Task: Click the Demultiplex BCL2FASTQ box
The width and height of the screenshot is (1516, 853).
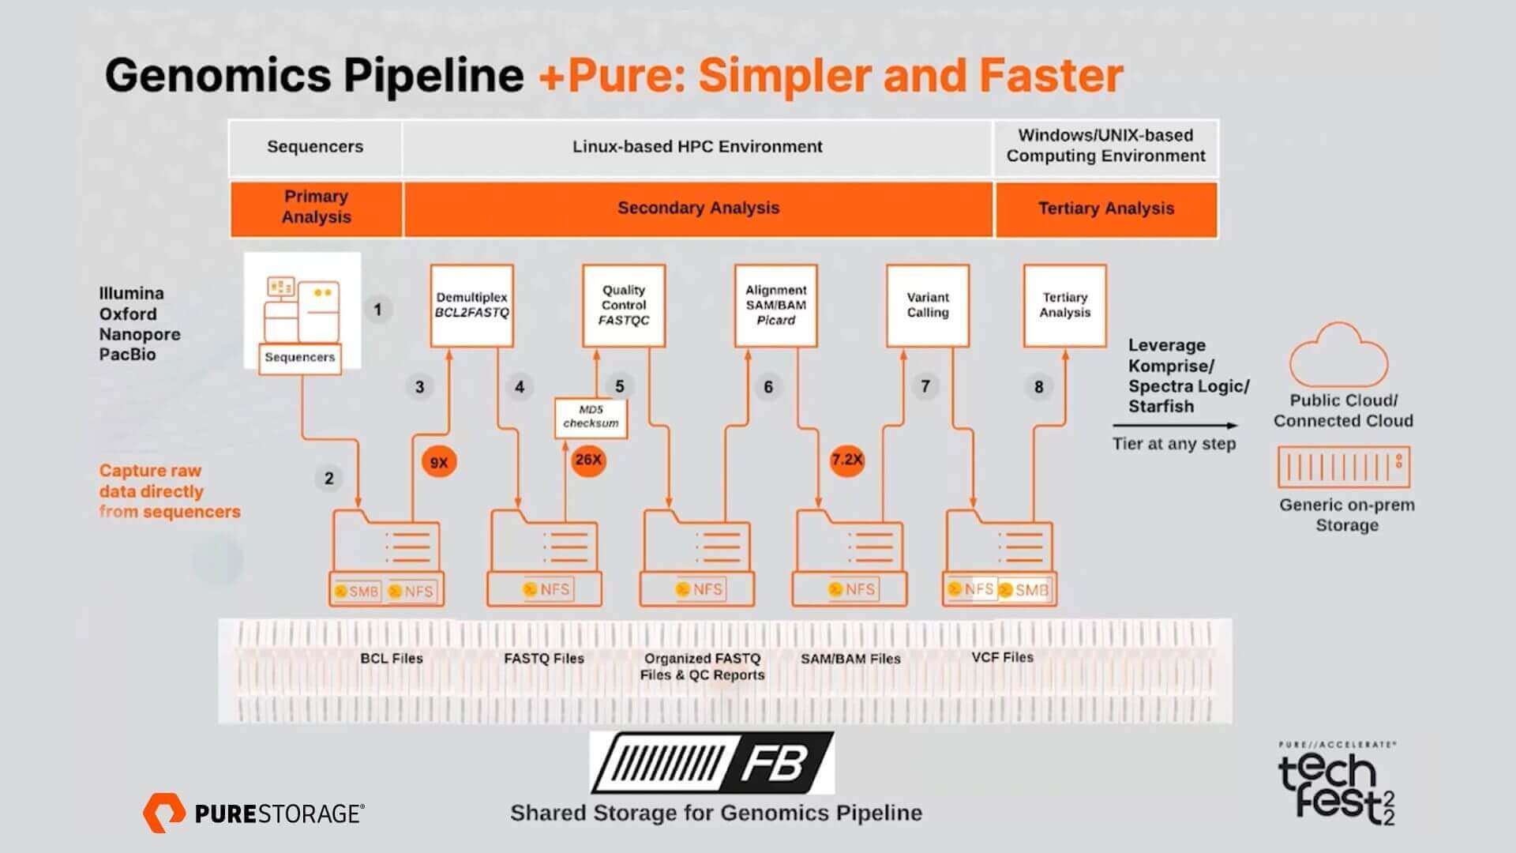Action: (x=471, y=306)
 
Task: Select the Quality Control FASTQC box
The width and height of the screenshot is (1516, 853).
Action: (x=624, y=306)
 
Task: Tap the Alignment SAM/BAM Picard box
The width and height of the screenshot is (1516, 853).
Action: (x=775, y=306)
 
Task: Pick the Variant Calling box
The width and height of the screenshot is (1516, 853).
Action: (x=928, y=306)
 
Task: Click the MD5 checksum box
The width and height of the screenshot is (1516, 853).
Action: (x=591, y=417)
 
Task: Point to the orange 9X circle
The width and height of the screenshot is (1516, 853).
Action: (x=439, y=463)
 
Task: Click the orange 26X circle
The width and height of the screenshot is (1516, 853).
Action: (x=588, y=460)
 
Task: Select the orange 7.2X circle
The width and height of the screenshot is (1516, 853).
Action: (x=846, y=460)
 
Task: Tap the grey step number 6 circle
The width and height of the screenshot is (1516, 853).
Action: (x=768, y=387)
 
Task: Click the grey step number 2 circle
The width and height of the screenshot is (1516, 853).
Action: (x=329, y=478)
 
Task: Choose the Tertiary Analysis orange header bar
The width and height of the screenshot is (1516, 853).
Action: (x=1105, y=209)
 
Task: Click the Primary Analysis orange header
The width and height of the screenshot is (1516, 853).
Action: (x=316, y=208)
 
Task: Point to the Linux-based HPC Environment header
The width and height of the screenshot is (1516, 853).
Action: (x=696, y=147)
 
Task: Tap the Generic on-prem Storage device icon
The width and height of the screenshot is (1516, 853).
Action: (x=1344, y=468)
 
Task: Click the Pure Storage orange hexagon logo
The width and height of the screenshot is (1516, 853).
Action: (x=164, y=813)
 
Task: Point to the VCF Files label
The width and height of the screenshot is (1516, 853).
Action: (x=1002, y=657)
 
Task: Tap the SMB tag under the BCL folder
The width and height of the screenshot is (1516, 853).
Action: (x=357, y=591)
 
